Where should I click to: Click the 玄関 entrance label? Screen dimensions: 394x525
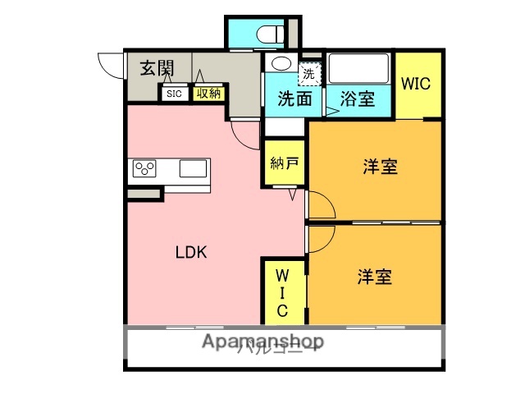(157, 68)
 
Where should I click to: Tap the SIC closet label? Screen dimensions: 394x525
(174, 94)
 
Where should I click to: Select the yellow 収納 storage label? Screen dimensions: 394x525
(208, 94)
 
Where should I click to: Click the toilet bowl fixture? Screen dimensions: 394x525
(267, 34)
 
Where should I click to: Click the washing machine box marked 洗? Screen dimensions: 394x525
(308, 72)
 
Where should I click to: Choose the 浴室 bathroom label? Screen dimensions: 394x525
(358, 99)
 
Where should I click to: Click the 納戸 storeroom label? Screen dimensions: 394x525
(284, 162)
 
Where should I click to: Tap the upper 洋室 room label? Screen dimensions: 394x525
(381, 167)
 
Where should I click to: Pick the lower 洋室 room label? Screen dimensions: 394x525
(374, 277)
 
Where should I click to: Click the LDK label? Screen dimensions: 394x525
(192, 253)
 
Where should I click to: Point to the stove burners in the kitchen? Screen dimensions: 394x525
(145, 169)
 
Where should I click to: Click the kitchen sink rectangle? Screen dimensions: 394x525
(194, 169)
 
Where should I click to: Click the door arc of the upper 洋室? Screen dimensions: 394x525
(322, 204)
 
